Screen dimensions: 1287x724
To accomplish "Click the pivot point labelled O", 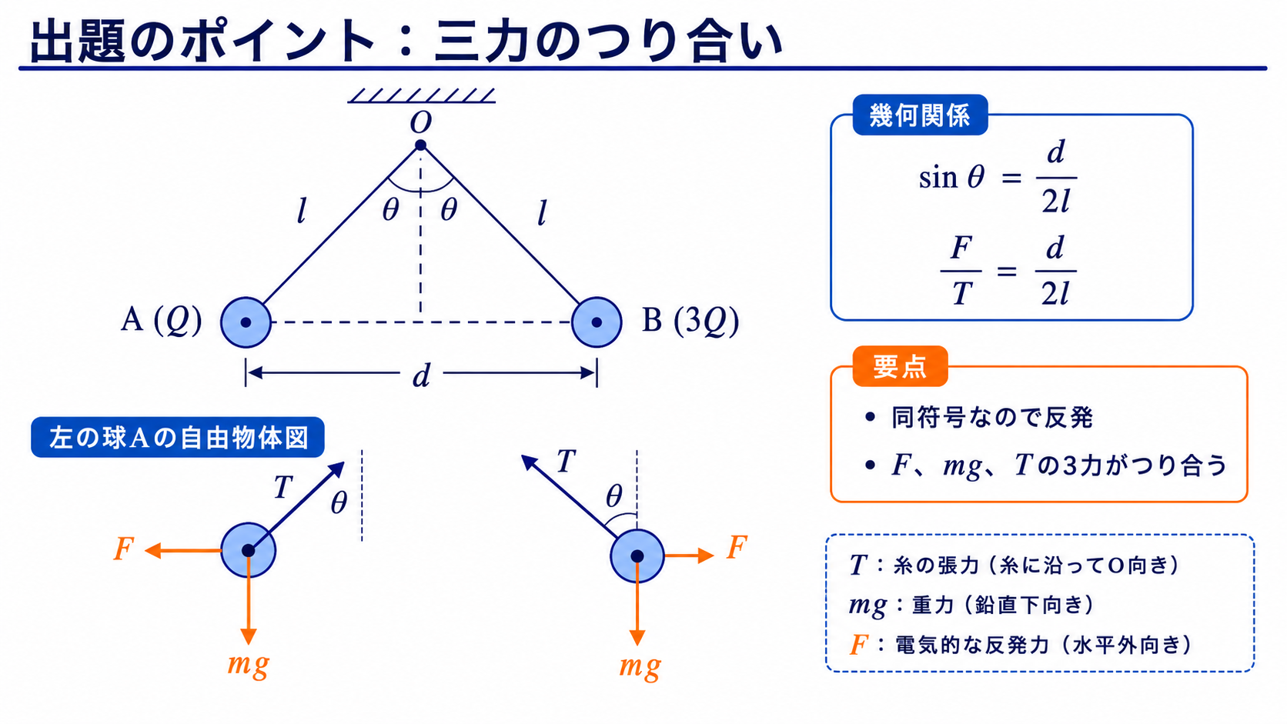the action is [420, 145].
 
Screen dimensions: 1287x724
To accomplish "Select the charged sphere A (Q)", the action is [246, 322].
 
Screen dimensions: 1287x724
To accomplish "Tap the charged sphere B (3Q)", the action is [597, 322].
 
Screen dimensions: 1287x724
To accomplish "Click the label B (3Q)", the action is [690, 321].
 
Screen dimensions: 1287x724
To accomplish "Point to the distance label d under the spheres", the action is [422, 376].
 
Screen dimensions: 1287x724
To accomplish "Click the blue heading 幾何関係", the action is [920, 115].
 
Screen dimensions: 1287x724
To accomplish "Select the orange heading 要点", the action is [900, 366].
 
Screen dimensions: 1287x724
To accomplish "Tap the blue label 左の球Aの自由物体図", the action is [178, 438].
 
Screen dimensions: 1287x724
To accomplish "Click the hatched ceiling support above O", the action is [421, 95].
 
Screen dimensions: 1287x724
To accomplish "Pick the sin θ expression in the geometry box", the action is [952, 178].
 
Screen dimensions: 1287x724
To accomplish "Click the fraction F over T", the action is [961, 270].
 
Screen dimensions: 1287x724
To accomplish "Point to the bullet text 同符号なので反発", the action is [992, 418].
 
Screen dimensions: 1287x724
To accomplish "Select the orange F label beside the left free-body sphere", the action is [124, 549].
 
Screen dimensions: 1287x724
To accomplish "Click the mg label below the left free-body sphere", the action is [248, 665].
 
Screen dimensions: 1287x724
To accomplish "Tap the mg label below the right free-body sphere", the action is [640, 666].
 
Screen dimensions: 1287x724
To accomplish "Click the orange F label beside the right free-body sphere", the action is [737, 546].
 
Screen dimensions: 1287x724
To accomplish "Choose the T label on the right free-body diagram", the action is [566, 461].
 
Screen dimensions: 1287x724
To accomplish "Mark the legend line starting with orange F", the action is [1021, 646].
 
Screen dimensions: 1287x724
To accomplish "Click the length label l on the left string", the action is [301, 211].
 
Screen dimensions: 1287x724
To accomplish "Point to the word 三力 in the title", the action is [483, 42].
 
